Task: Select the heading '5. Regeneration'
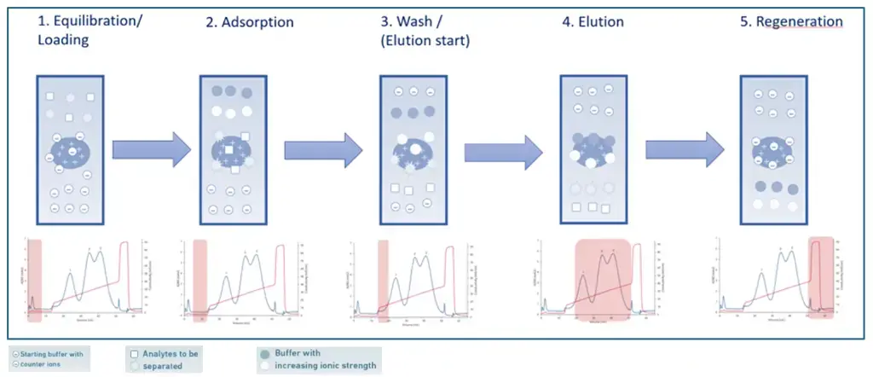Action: [x=791, y=21]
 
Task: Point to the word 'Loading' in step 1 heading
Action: [x=62, y=38]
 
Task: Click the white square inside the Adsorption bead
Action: [x=228, y=152]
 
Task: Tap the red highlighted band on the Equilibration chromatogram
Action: [x=35, y=280]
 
